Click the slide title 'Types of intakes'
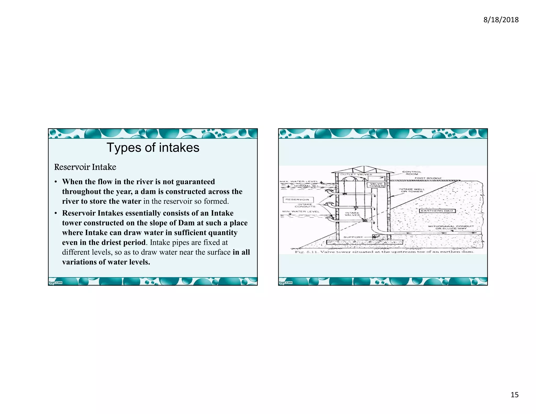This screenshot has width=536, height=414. click(x=153, y=148)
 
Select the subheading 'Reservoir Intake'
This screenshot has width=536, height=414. click(x=85, y=167)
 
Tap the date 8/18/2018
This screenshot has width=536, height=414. click(x=501, y=20)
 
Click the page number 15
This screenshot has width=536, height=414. click(x=514, y=395)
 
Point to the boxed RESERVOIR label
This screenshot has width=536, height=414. click(x=298, y=200)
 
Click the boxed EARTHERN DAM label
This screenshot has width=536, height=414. click(x=437, y=211)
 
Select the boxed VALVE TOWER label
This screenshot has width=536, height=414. click(x=376, y=185)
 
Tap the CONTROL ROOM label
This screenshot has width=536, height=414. click(x=412, y=173)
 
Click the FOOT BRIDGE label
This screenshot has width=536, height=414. click(x=428, y=178)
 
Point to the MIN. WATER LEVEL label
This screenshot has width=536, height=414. click(x=301, y=211)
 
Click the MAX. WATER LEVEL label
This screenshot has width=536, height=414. click(x=299, y=181)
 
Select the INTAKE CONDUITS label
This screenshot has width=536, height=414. click(x=305, y=205)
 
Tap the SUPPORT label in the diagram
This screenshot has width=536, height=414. click(x=353, y=237)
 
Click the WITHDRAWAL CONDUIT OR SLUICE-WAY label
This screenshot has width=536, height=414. click(x=451, y=227)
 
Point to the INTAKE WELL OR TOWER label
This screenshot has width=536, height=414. click(x=412, y=190)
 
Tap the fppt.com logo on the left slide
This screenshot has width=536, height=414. click(x=55, y=282)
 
